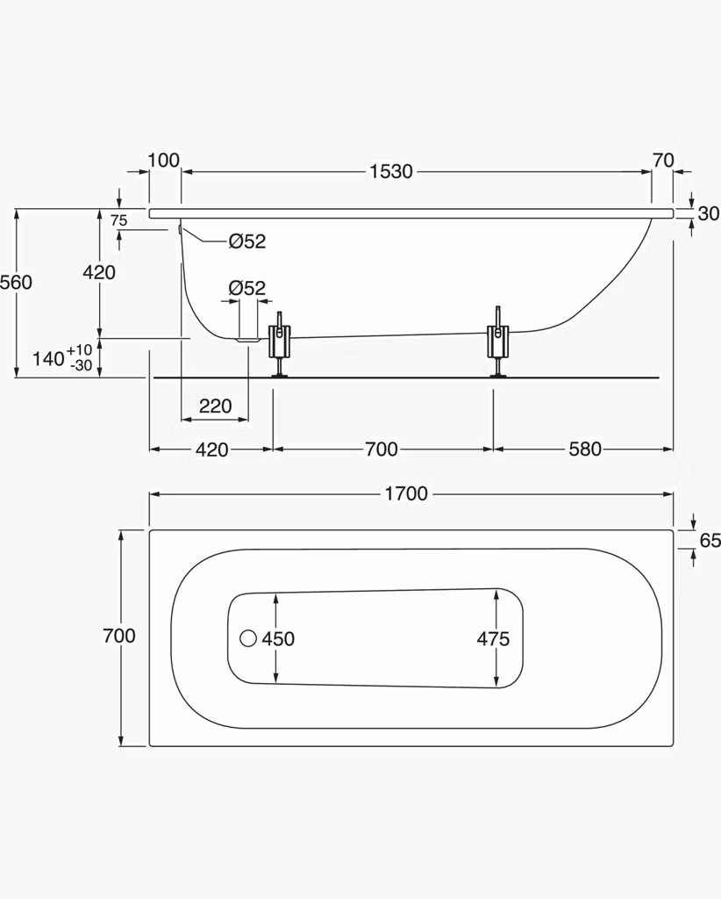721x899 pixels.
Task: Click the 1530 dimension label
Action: click(x=391, y=171)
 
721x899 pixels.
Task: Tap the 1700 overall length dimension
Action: click(x=406, y=493)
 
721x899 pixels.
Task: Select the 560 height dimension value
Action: click(x=16, y=282)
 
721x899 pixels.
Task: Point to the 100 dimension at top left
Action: click(x=164, y=160)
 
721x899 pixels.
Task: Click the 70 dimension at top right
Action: click(x=663, y=160)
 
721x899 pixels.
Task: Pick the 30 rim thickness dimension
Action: click(x=709, y=213)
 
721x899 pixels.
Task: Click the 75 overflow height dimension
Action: click(x=118, y=220)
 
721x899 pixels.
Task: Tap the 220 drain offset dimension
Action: click(x=215, y=406)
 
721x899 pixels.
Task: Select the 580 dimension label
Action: click(x=585, y=449)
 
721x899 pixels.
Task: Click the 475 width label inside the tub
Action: click(x=493, y=638)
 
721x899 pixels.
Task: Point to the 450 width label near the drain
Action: click(x=278, y=638)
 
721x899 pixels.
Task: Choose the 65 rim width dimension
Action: click(x=710, y=540)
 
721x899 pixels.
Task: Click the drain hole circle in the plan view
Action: click(x=248, y=638)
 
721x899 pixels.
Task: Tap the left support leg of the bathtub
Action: click(x=280, y=344)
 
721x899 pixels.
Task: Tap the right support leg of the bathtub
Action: click(x=497, y=342)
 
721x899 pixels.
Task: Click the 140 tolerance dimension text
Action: click(x=62, y=358)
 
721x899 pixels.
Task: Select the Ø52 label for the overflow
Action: click(x=247, y=241)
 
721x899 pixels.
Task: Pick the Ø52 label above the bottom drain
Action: click(x=247, y=288)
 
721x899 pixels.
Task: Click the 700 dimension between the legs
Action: click(x=382, y=449)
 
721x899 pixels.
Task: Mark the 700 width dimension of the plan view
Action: click(x=119, y=636)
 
